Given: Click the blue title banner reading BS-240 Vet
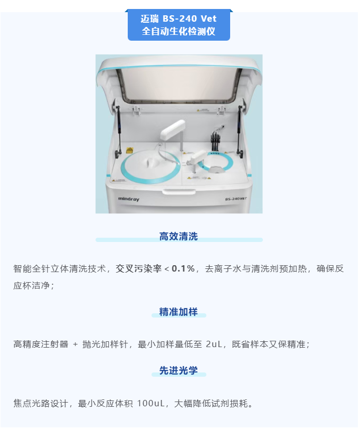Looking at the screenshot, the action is pos(179,25).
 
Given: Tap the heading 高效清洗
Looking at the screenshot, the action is pos(178,236).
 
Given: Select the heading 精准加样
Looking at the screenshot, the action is pos(178,312).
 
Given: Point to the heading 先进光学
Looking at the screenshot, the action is pos(178,371).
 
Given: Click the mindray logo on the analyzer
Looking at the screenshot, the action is pos(128,199).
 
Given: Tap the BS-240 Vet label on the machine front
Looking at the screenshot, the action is pos(236,199).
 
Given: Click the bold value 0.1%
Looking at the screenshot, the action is pos(183,269).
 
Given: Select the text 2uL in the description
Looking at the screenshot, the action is pos(214,344).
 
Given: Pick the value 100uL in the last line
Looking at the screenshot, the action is pos(150,403).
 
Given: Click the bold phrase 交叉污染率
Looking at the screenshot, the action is pos(139,269).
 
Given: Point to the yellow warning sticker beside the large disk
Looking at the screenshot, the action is pos(129,151).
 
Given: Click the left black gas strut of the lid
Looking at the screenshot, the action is pos(119,128).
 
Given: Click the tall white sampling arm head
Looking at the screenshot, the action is pos(173,129).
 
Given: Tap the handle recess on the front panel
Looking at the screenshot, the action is pos(179,191).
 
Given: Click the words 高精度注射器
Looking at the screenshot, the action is pos(41,344).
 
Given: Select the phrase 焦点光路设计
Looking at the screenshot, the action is pos(41,403).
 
